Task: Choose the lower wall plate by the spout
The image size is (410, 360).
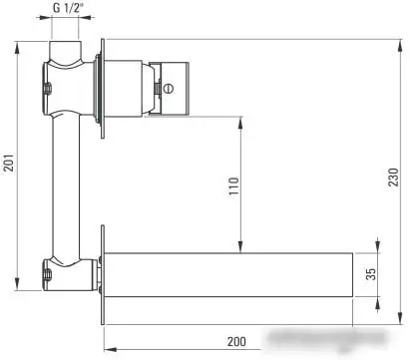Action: click(x=102, y=272)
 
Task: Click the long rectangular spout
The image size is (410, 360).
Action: click(x=229, y=274)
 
